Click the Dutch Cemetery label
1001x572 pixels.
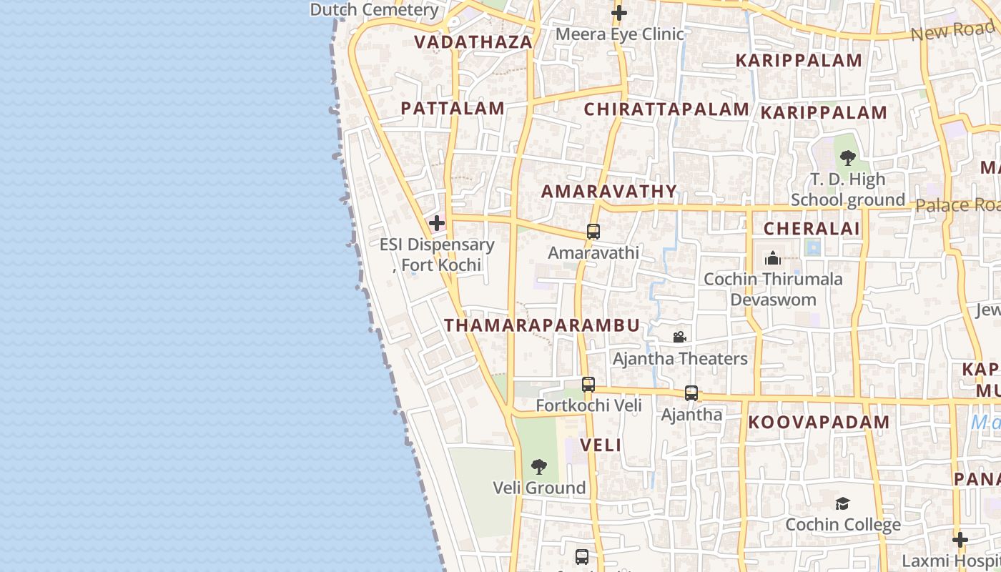coord(374,10)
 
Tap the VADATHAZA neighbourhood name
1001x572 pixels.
coord(473,42)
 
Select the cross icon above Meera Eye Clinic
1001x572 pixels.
coord(619,13)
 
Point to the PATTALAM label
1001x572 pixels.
coord(453,109)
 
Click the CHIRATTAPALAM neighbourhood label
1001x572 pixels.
coord(666,109)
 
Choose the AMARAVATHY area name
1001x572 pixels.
coord(609,192)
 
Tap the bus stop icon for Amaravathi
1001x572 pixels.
coord(593,232)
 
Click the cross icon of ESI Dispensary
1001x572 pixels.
coord(437,223)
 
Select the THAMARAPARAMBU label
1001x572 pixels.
coord(542,325)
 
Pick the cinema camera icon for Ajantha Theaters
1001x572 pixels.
coord(680,337)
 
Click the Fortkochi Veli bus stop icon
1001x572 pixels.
coord(588,385)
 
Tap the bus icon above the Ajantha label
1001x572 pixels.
coord(691,393)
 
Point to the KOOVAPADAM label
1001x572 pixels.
coord(819,423)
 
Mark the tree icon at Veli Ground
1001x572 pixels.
coord(539,467)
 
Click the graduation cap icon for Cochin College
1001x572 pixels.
coord(843,503)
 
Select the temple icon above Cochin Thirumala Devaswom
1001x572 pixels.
coord(773,258)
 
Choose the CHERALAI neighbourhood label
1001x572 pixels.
coord(812,229)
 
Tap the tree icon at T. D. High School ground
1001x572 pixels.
coord(848,158)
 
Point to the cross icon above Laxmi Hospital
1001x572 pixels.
coord(960,539)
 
